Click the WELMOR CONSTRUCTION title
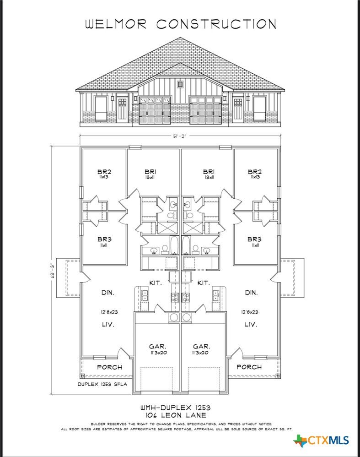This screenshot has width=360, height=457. click(181, 24)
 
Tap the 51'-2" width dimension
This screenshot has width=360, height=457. click(181, 135)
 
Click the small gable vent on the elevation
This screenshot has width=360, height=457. click(180, 85)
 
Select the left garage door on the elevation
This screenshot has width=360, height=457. click(154, 110)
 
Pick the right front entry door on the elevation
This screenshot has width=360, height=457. click(238, 110)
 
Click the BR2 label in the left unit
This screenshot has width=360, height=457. click(104, 174)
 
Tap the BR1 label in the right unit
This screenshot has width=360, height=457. click(209, 174)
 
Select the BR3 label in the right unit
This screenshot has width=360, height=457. click(254, 241)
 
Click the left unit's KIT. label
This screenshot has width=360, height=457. click(156, 283)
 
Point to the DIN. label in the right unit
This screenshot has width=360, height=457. click(251, 292)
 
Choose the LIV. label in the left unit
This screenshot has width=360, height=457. click(108, 324)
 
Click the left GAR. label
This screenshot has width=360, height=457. click(157, 347)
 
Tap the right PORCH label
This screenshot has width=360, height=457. click(249, 367)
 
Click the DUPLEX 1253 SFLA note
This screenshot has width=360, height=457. click(102, 384)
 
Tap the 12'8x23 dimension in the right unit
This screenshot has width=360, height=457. click(250, 312)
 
